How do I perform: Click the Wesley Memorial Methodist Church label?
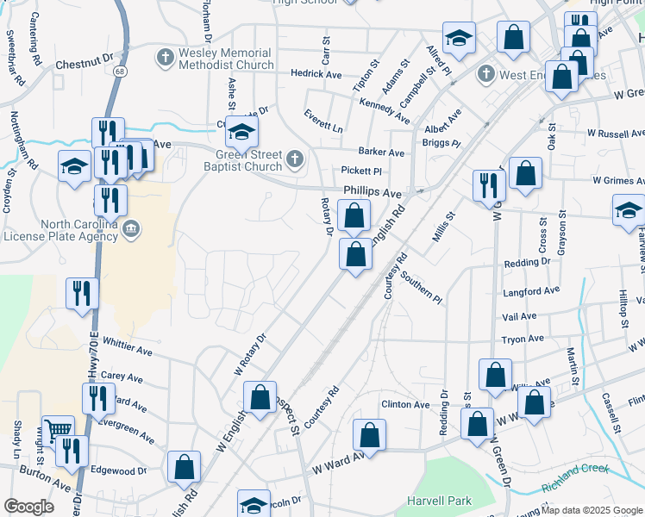tap(226, 59)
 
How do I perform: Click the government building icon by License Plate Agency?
tap(131, 228)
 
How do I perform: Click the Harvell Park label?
tap(440, 501)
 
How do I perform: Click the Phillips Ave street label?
tap(373, 192)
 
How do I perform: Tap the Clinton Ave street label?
tap(405, 404)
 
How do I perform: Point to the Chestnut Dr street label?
tap(85, 64)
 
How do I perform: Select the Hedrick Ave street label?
tap(316, 74)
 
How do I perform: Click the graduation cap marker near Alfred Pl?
tap(460, 40)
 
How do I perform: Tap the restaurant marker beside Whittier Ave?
tap(83, 293)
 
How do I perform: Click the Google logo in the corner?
tap(29, 507)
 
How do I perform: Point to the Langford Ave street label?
tap(531, 290)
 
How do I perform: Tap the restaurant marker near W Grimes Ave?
tap(489, 185)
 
